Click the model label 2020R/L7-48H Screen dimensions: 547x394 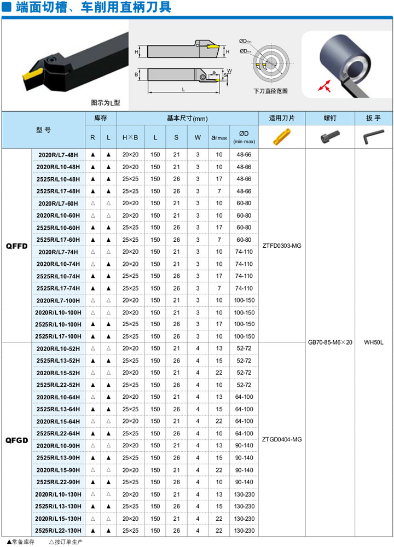point(58,155)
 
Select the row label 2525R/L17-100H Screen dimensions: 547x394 point(58,336)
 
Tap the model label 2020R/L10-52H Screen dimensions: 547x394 point(58,348)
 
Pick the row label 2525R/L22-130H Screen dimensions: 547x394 point(58,531)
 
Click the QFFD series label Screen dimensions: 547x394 point(16,246)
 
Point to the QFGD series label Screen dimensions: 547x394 point(16,440)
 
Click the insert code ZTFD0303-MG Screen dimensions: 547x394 point(282,246)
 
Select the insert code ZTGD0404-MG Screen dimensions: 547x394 point(282,440)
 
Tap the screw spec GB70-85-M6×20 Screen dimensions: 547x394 point(330,342)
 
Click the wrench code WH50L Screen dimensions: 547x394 point(374,342)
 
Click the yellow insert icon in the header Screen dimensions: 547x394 point(282,137)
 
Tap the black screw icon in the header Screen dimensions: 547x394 point(330,137)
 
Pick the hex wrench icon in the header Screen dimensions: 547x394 point(374,137)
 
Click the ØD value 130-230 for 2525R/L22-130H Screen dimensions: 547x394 point(244,531)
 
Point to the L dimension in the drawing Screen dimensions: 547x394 point(183,89)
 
